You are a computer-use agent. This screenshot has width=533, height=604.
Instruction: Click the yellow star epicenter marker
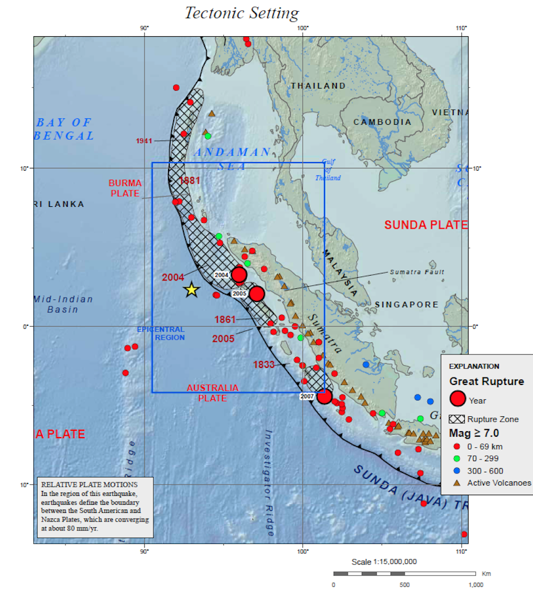pos(191,290)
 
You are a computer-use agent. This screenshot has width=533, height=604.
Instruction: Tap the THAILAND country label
pos(318,86)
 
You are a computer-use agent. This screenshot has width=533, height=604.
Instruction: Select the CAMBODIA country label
pos(383,122)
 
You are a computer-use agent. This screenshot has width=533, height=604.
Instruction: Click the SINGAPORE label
pos(407,305)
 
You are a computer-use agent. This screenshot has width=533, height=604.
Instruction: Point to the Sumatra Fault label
pos(417,272)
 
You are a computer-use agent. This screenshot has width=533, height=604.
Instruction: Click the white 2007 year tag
pos(307,397)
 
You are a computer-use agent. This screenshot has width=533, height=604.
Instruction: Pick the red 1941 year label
pos(144,141)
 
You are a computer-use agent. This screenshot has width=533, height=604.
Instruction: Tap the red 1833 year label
pos(264,365)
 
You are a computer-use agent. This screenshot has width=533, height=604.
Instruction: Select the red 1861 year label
pos(225,320)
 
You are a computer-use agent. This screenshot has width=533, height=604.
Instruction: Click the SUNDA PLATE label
pos(426,225)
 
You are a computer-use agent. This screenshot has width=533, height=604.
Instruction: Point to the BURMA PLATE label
pos(125,188)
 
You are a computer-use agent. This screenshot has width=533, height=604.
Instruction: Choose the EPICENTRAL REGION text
pos(161,334)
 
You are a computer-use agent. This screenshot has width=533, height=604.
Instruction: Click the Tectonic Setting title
pos(241,13)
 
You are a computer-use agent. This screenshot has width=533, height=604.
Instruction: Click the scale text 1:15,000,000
pos(384,562)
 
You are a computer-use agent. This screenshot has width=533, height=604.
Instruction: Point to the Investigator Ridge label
pos(269,482)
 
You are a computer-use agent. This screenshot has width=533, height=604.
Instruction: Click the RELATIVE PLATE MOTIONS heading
pos(89,485)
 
